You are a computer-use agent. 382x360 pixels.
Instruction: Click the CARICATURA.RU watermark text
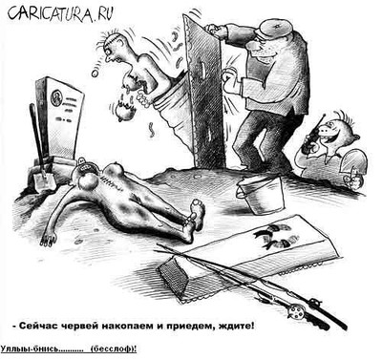[x=60, y=13]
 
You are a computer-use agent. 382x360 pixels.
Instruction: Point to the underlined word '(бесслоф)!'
[x=114, y=349]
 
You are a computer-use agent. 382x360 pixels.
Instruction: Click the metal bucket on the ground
[x=261, y=195]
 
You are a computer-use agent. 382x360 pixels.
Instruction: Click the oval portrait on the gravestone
[x=56, y=97]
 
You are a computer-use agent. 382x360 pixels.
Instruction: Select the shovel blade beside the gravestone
[x=44, y=180]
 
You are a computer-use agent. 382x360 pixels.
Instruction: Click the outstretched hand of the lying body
[x=48, y=238]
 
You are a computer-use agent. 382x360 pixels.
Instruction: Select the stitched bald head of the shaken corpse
[x=116, y=47]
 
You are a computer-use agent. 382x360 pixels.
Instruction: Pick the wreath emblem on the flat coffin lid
[x=273, y=236]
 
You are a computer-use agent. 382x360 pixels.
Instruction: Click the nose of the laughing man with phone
[x=326, y=128]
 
